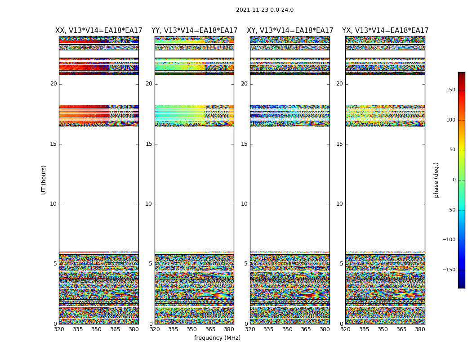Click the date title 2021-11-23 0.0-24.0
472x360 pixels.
[264, 10]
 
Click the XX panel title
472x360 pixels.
[99, 31]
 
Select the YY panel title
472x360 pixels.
[194, 31]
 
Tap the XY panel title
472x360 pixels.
[290, 31]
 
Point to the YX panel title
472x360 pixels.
[385, 31]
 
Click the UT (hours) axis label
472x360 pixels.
[44, 180]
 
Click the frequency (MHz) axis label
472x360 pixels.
[217, 338]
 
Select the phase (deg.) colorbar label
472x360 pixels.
[436, 180]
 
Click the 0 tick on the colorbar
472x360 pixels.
[454, 180]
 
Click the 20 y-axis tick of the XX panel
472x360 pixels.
[53, 84]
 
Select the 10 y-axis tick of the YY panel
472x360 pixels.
[149, 204]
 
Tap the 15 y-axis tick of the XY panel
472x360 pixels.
[244, 144]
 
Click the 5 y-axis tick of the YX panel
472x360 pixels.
[341, 264]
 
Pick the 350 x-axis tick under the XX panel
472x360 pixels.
[96, 329]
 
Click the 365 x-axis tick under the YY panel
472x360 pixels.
[210, 329]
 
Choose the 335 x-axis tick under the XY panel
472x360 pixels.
[268, 329]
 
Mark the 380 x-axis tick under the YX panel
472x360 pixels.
[420, 329]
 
